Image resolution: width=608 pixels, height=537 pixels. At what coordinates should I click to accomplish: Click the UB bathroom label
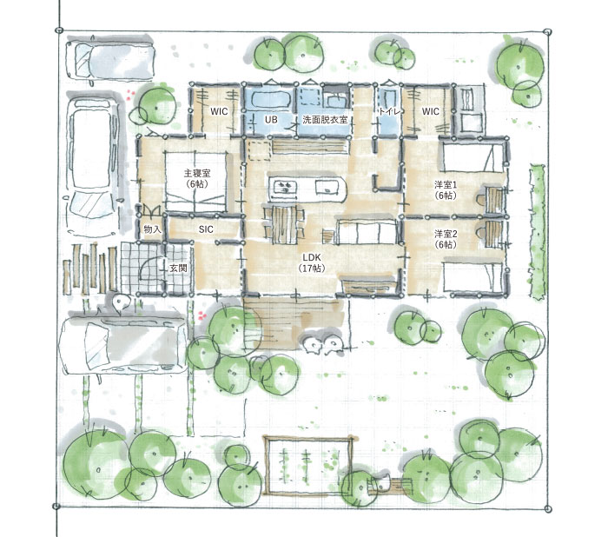click(271, 120)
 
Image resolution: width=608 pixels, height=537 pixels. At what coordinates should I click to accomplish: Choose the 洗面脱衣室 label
click(325, 120)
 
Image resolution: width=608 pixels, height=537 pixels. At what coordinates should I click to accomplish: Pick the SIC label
click(206, 229)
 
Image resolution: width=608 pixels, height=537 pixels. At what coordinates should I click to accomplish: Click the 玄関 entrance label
click(178, 268)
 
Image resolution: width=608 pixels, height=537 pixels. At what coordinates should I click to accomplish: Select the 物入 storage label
click(152, 229)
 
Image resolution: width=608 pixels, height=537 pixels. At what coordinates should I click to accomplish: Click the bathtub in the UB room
click(271, 98)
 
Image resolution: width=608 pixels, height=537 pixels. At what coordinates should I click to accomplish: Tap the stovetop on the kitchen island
click(285, 187)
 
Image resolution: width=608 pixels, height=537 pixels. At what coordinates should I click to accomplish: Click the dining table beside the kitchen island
click(285, 225)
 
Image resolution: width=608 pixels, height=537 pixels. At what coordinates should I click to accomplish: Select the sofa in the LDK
click(366, 232)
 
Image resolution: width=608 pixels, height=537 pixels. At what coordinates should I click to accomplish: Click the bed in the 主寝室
click(195, 182)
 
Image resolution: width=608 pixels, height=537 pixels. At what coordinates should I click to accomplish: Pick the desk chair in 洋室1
click(480, 201)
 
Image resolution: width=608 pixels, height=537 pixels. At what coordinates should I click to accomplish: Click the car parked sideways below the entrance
click(123, 345)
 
